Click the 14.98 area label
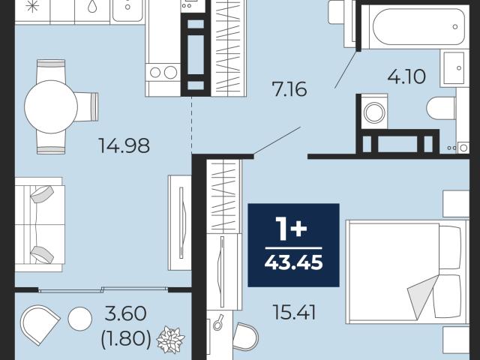point(124,145)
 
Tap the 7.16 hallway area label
point(289,89)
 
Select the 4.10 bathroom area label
point(406,76)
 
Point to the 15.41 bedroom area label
point(294,313)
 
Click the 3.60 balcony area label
point(125,313)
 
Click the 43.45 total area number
point(293,262)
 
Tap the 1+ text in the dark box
point(291,228)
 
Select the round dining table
point(51,106)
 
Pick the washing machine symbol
point(374,112)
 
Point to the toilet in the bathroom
point(441,108)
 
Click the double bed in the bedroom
point(407,271)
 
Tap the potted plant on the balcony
point(170,340)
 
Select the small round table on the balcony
point(80,319)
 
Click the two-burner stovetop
point(163,73)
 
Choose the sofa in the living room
point(40,224)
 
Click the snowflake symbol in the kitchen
point(32,6)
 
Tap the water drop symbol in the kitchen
point(92,6)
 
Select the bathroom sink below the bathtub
point(454,68)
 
